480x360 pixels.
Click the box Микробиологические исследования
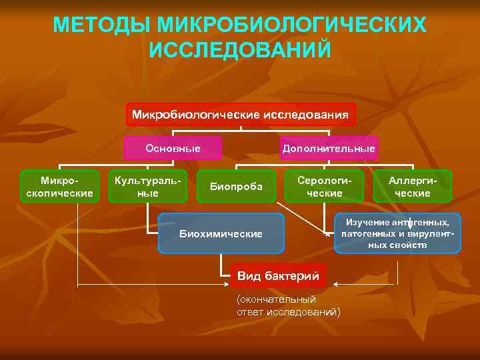[240, 115]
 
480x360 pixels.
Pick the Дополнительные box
[329, 148]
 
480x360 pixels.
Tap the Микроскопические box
[59, 187]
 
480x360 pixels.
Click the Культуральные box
[145, 187]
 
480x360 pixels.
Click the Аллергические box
[413, 187]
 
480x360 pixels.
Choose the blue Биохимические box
[221, 233]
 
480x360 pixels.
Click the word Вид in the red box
[249, 275]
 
